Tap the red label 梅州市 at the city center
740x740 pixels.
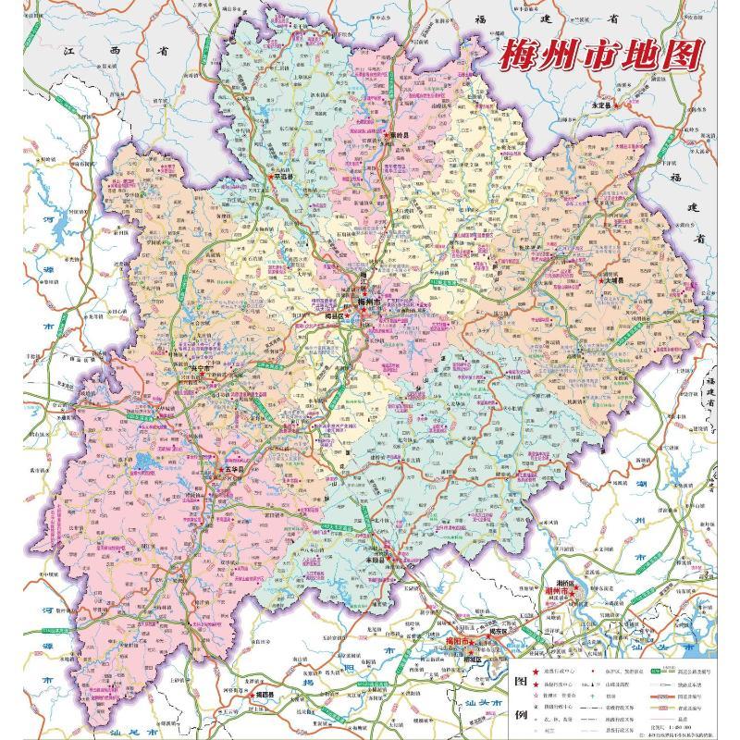click(369, 303)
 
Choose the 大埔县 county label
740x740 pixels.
click(609, 280)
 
